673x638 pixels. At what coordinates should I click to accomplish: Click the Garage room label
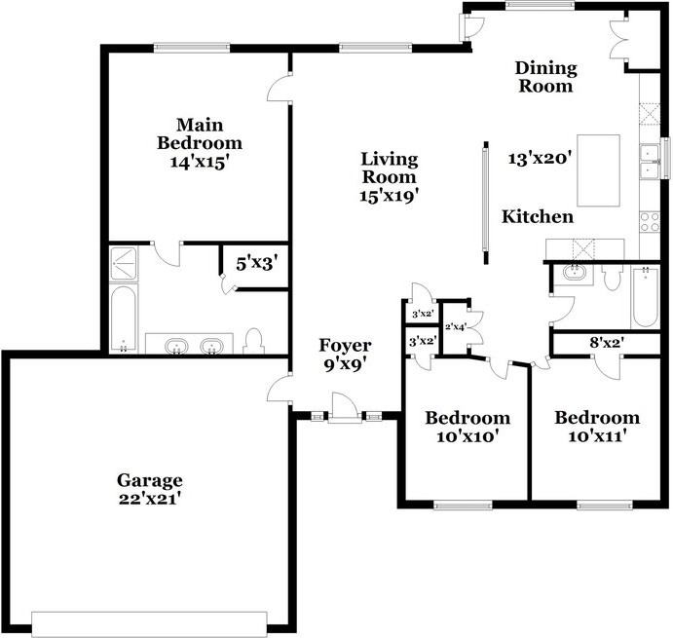[150, 479]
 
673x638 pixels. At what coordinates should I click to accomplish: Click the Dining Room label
[546, 76]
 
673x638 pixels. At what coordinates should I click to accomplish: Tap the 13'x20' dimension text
[540, 156]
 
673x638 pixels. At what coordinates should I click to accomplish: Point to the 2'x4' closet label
[456, 326]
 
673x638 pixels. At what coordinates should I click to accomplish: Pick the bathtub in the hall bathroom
[646, 296]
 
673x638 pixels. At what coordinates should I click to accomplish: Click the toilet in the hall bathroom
[613, 280]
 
